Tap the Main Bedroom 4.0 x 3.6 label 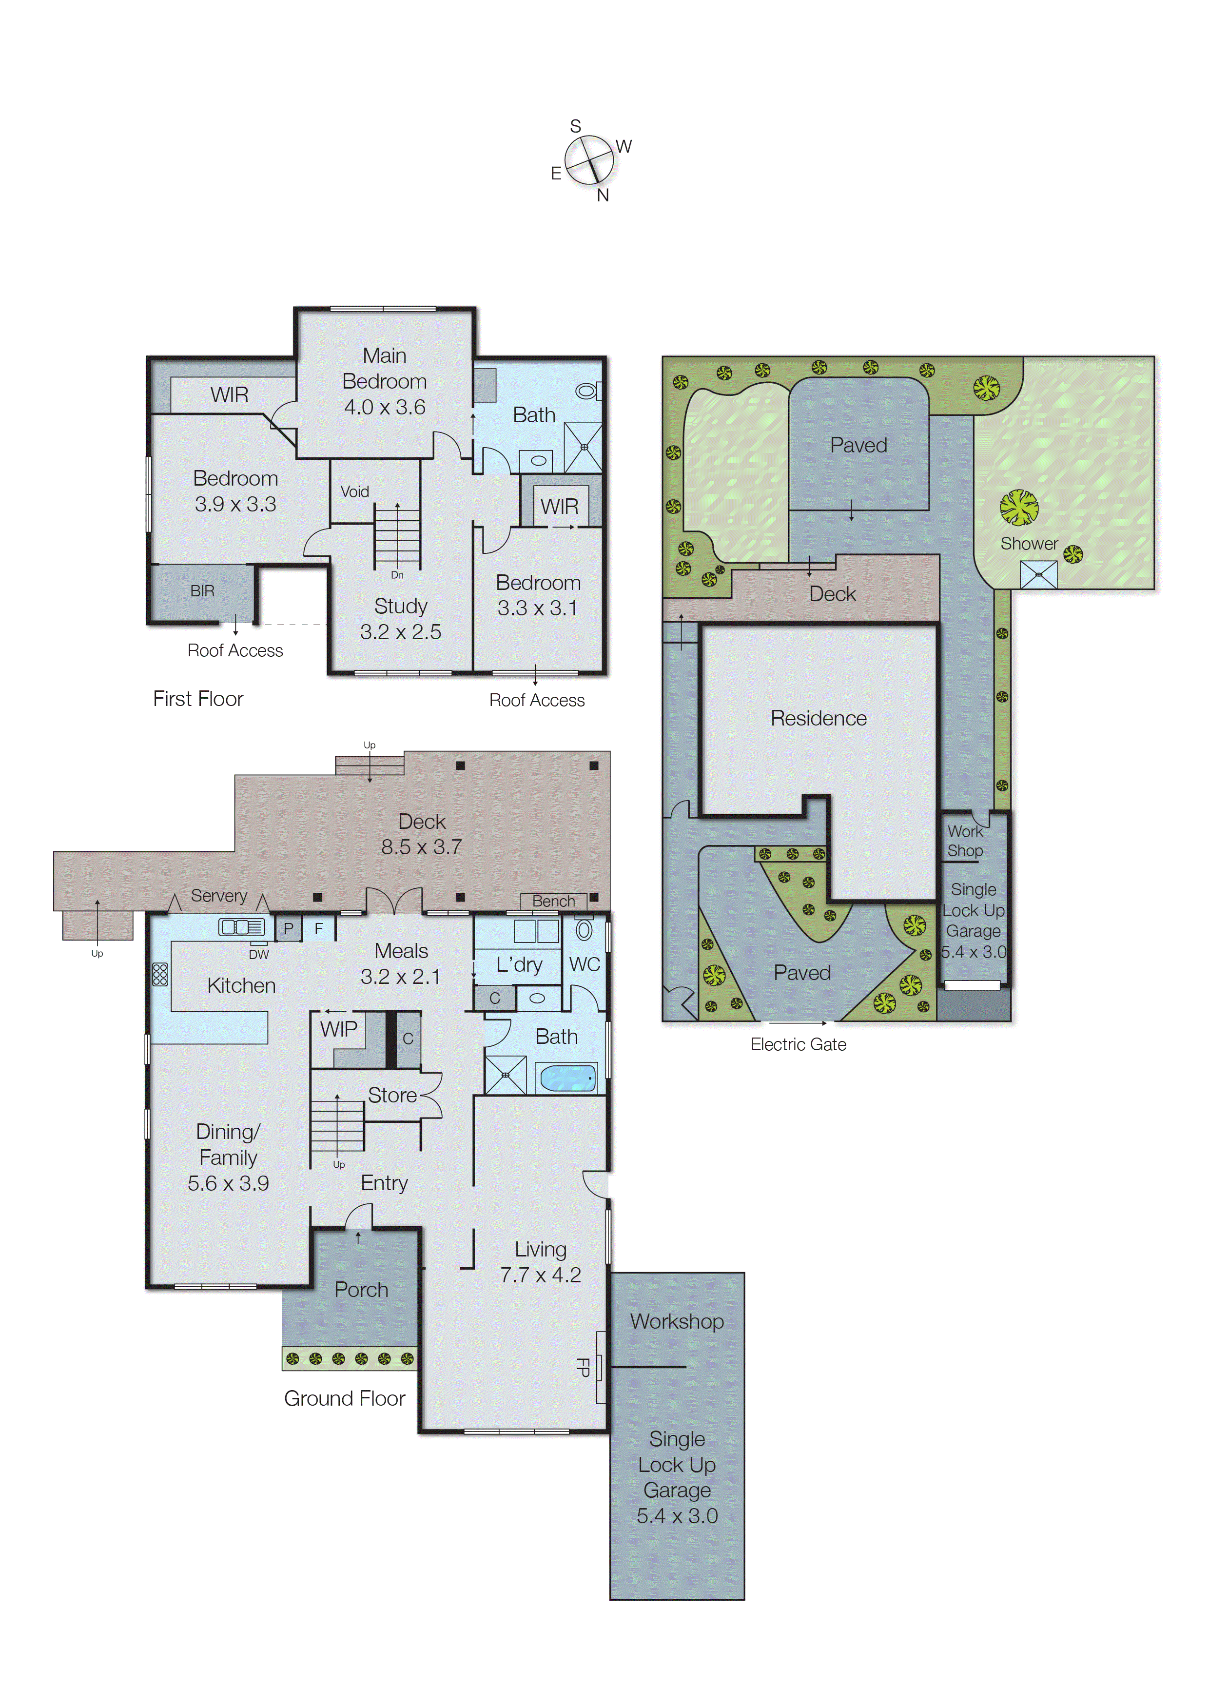[384, 381]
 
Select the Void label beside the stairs [354, 491]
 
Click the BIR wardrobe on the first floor [202, 591]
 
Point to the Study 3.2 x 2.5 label [401, 619]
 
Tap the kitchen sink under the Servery [241, 927]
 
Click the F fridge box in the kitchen [319, 928]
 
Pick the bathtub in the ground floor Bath [567, 1078]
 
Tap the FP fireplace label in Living [583, 1367]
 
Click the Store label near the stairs [392, 1095]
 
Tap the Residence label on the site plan [818, 718]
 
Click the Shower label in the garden [1029, 544]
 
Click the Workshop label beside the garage [677, 1321]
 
